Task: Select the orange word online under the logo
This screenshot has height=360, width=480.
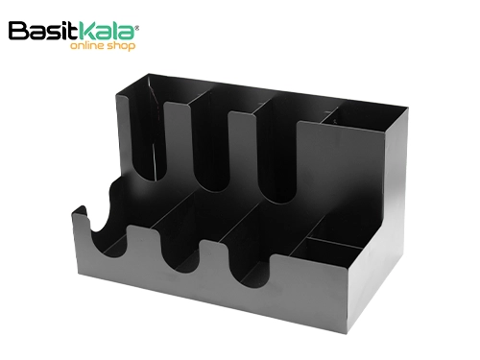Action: tap(87, 45)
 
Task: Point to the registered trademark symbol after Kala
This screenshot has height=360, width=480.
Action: tap(137, 28)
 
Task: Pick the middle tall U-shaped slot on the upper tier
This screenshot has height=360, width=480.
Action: tap(210, 148)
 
